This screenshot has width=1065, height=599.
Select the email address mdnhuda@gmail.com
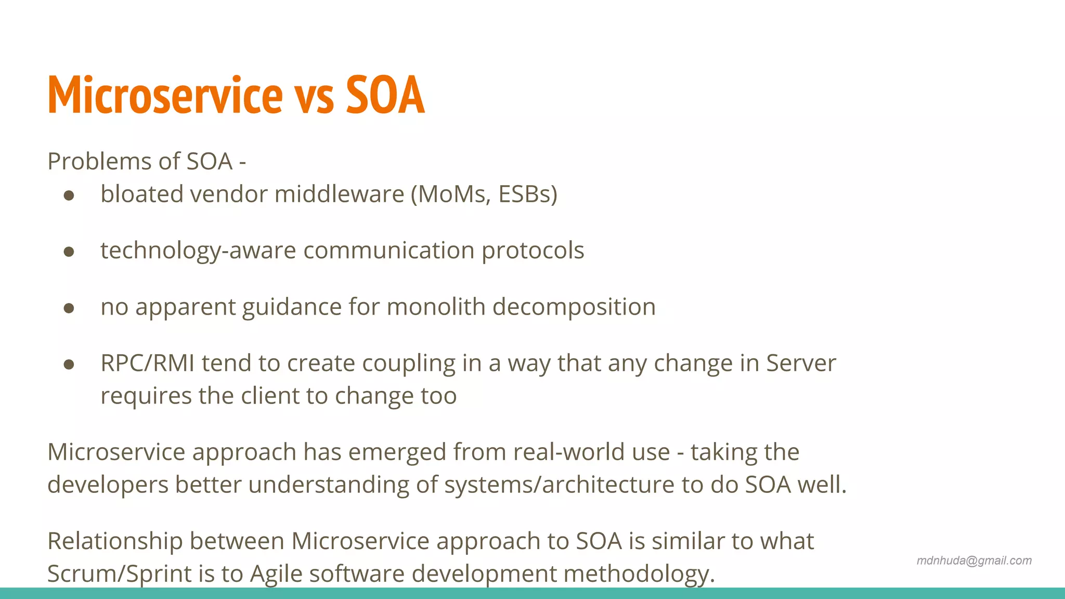[x=973, y=561]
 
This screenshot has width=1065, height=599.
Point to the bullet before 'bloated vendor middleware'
[x=69, y=196]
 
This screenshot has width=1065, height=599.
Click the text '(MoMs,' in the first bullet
[x=450, y=194]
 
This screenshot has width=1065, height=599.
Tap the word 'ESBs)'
[x=527, y=194]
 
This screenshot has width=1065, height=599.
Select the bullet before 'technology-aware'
[x=69, y=252]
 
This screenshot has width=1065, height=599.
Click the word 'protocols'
[x=532, y=251]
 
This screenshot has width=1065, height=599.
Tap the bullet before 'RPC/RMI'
[x=69, y=364]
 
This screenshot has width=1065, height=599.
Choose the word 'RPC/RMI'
[x=147, y=363]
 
